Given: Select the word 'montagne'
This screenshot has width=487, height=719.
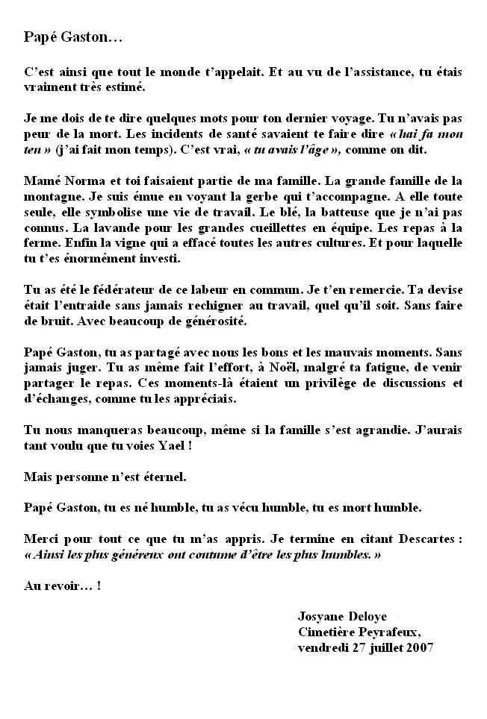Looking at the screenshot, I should [54, 197].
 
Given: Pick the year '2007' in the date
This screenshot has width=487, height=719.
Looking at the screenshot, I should [421, 647].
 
